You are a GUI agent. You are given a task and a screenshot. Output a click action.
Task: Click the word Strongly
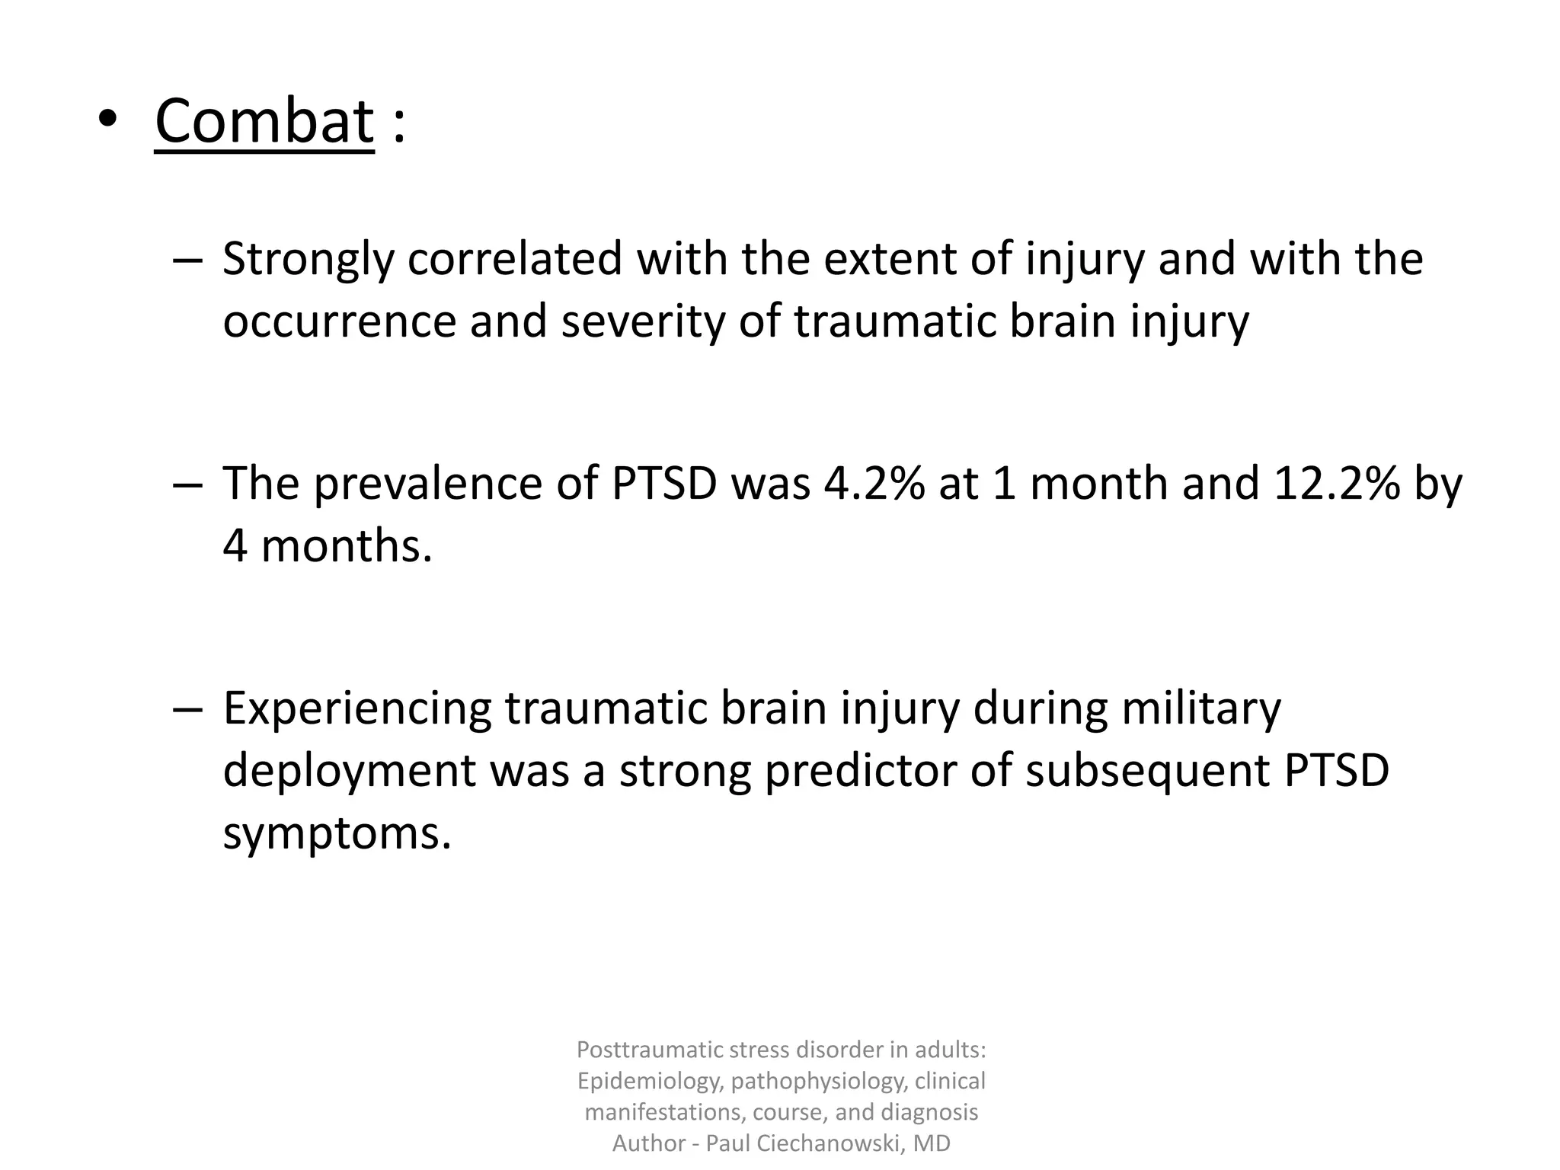[308, 260]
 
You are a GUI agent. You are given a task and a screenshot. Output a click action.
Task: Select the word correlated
[515, 260]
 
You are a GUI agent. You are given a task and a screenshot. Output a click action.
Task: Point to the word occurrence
[339, 322]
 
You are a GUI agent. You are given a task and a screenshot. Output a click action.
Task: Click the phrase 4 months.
[328, 546]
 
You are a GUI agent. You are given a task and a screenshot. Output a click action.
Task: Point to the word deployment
[349, 771]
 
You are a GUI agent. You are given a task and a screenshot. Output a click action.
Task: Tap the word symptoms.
[337, 833]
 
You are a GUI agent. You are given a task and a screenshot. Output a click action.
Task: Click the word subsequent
[1148, 771]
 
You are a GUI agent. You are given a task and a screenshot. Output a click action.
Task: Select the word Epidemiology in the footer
[648, 1081]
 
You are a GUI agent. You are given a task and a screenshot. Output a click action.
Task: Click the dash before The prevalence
[187, 485]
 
